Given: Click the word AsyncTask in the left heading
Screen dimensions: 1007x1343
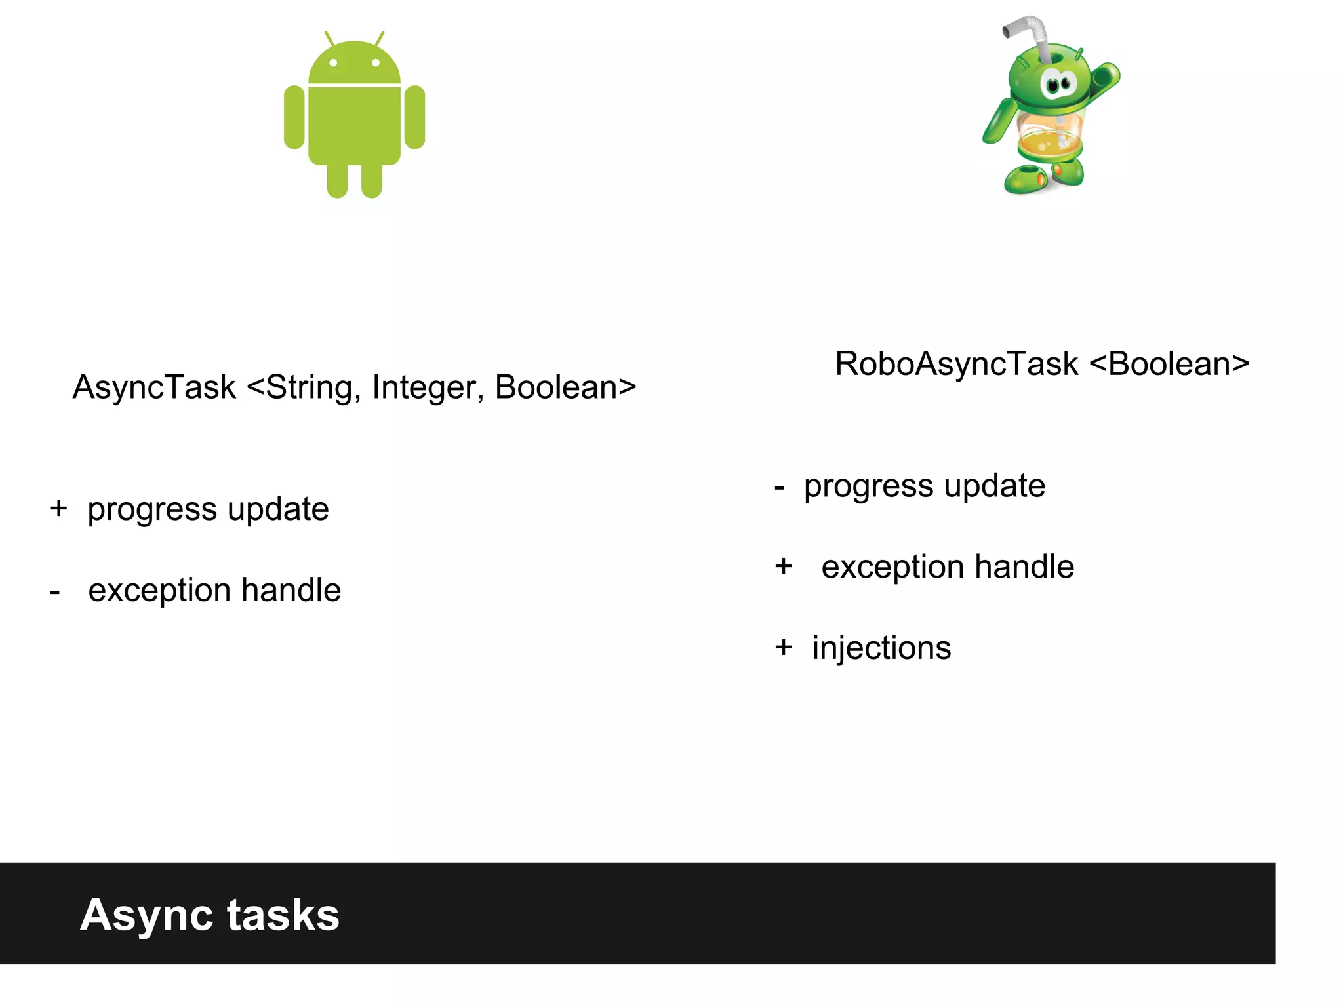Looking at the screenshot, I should tap(154, 387).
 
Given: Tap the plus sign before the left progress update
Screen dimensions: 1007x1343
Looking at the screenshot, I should tap(58, 508).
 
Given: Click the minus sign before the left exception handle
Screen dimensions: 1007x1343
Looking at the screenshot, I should tap(55, 591).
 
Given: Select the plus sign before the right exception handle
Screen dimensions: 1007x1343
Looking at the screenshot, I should tap(784, 566).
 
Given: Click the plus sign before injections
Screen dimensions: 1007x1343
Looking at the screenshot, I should tap(784, 647).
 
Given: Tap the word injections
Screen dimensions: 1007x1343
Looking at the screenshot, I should tap(881, 648).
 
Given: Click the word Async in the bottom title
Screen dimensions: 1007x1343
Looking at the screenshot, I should tap(147, 915).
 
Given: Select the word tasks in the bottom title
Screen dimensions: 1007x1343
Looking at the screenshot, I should tap(283, 915).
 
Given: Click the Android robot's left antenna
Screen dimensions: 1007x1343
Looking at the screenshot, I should tap(329, 39).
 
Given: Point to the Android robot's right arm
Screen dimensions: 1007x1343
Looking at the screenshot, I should tap(414, 117).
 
